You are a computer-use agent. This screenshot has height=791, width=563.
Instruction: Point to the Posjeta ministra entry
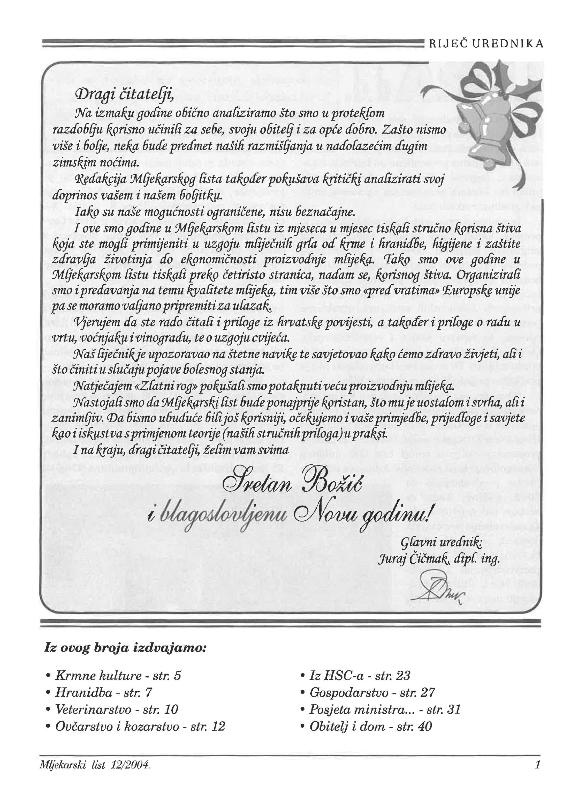381,709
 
